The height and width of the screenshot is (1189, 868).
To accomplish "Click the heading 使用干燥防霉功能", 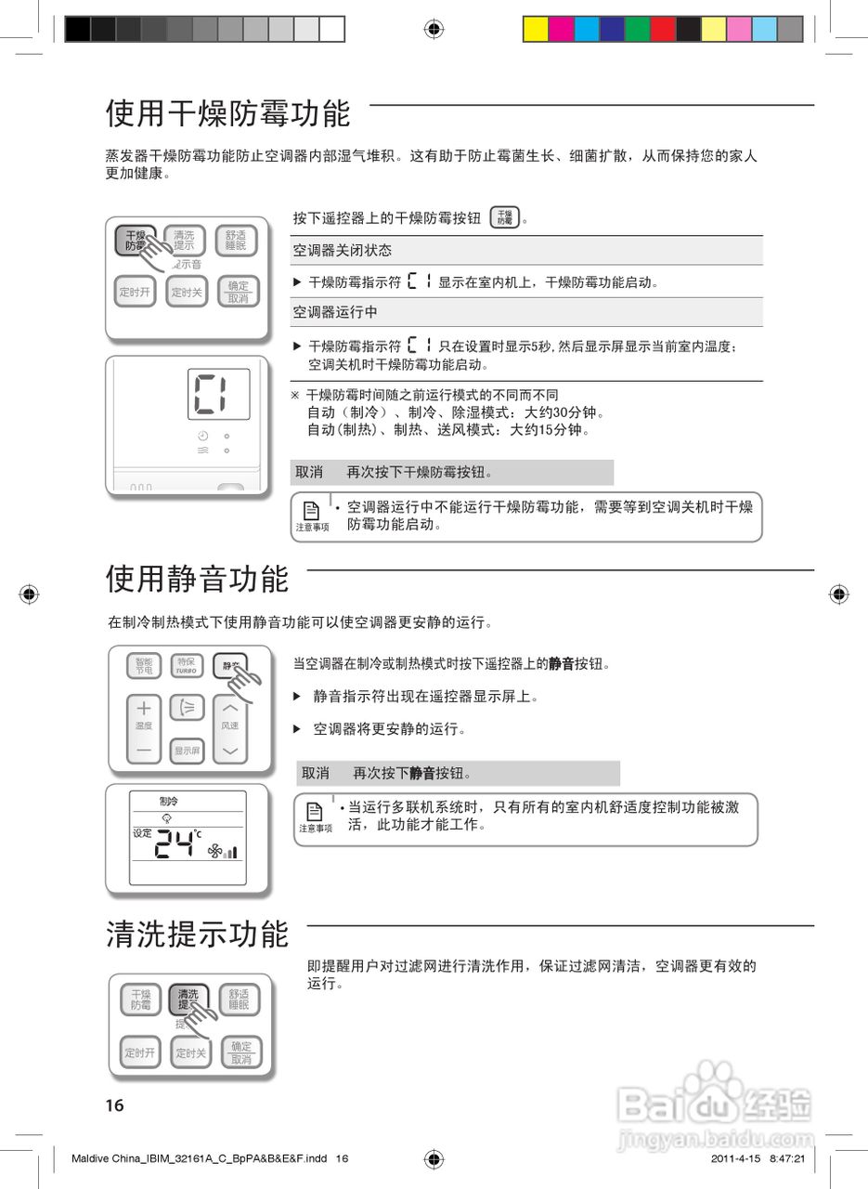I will click(227, 114).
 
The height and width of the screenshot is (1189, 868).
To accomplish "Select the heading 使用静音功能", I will click(197, 580).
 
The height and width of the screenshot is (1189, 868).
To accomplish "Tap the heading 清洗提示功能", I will click(197, 934).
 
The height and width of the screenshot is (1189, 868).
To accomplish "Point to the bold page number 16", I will click(114, 1105).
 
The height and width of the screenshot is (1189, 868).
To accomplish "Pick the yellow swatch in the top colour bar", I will click(536, 30).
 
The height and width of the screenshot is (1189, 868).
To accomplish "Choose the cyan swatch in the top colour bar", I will click(587, 30).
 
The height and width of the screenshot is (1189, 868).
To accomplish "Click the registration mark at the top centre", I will click(434, 29).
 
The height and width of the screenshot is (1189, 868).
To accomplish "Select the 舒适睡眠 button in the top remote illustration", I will click(237, 241).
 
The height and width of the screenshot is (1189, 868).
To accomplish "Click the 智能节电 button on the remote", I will click(144, 666).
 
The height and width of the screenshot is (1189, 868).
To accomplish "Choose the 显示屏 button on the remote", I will click(187, 750).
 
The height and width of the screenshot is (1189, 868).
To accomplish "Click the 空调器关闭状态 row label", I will click(343, 251).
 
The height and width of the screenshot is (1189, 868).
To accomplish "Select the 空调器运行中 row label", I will click(335, 312).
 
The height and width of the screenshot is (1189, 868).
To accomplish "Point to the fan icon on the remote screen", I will click(215, 850).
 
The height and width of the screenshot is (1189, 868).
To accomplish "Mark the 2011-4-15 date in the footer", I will click(735, 1159).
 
